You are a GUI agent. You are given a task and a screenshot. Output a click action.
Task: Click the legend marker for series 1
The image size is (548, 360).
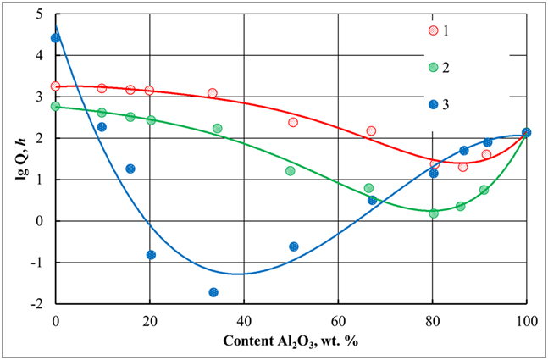pyautogui.click(x=433, y=30)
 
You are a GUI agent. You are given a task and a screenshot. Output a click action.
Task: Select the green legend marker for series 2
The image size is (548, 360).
pyautogui.click(x=433, y=68)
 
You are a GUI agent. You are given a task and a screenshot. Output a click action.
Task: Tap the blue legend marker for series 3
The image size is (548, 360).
pyautogui.click(x=433, y=105)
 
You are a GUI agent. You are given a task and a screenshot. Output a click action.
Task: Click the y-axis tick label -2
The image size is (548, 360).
pyautogui.click(x=39, y=303)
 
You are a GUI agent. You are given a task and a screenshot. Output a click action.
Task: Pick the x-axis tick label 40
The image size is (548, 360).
pyautogui.click(x=244, y=320)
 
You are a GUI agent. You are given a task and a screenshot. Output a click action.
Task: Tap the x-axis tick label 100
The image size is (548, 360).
pyautogui.click(x=526, y=320)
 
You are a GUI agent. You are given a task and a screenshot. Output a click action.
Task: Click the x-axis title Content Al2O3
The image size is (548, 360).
pyautogui.click(x=291, y=341)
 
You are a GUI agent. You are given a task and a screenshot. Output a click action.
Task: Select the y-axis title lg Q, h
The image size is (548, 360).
pyautogui.click(x=17, y=158)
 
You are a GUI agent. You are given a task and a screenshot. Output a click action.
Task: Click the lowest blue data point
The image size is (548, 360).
pyautogui.click(x=213, y=292)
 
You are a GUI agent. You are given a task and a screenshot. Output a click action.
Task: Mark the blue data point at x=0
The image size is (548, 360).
pyautogui.click(x=56, y=38)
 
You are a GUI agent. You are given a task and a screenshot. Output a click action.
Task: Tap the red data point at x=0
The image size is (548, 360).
pyautogui.click(x=56, y=86)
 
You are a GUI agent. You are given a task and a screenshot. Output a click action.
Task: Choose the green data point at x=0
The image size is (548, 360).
pyautogui.click(x=56, y=107)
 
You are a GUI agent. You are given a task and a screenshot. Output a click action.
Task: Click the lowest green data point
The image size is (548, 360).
pyautogui.click(x=434, y=213)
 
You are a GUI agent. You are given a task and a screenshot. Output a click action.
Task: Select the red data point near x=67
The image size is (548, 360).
pyautogui.click(x=371, y=131)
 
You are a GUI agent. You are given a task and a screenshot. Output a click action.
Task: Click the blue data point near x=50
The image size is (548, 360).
pyautogui.click(x=293, y=246)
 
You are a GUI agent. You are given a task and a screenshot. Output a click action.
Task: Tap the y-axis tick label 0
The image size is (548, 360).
pyautogui.click(x=41, y=221)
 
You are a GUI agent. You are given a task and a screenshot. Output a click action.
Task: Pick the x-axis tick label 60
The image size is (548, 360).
pyautogui.click(x=338, y=320)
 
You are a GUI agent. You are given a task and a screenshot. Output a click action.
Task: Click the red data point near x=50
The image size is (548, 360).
pyautogui.click(x=293, y=123)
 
